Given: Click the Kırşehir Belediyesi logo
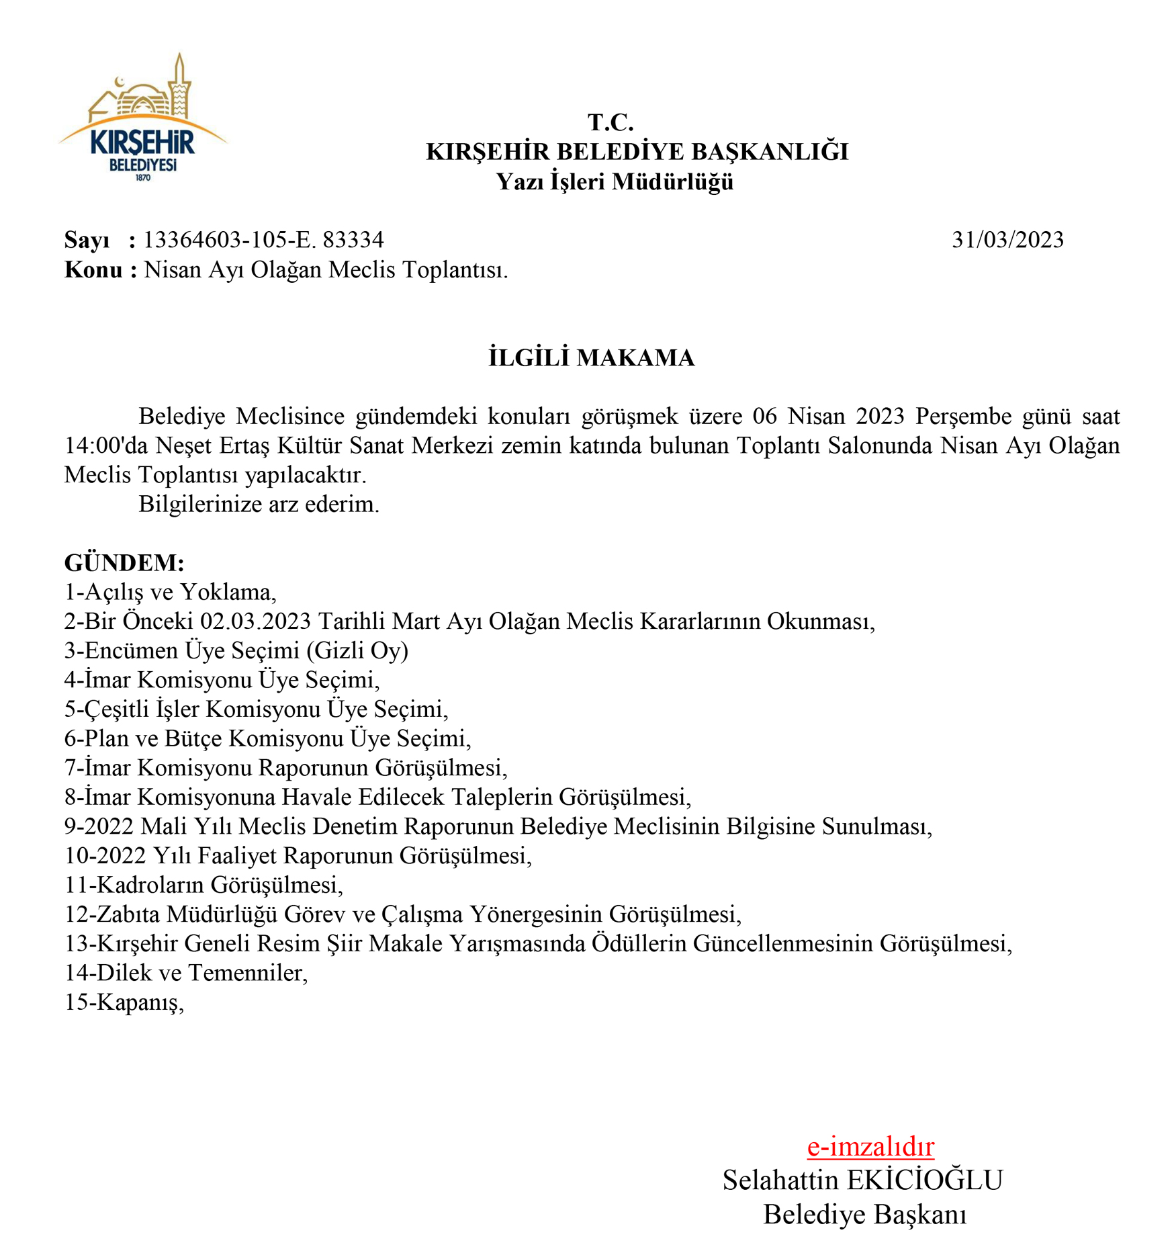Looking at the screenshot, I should (143, 120).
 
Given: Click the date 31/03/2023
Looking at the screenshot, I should (1007, 240).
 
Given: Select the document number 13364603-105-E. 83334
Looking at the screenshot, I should (263, 240).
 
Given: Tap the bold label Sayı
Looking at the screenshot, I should (87, 241).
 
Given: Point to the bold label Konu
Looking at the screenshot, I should (93, 270).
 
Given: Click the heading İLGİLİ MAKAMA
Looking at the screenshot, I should (591, 357).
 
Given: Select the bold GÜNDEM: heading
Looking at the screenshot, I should (124, 562).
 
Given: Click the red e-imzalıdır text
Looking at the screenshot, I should (870, 1147).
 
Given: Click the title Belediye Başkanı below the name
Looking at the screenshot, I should (865, 1215).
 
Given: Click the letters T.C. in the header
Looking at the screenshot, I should (611, 122).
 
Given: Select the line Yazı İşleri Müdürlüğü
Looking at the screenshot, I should (615, 181).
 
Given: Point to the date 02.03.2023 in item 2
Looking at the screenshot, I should (256, 621).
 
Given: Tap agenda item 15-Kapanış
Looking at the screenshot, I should (124, 1002).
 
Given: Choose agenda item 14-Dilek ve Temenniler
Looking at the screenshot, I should (186, 973).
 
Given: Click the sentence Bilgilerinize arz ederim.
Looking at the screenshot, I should (259, 504).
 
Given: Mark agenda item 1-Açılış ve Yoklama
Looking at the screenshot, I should (170, 592).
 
